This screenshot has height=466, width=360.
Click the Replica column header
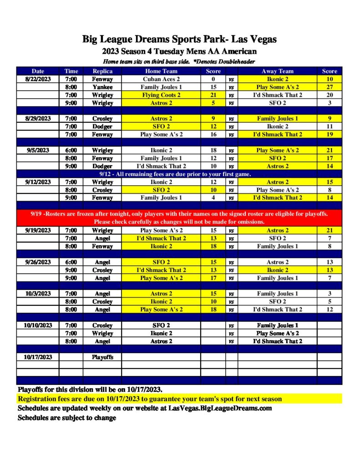tap(102, 71)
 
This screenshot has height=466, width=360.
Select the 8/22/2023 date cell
tap(38, 79)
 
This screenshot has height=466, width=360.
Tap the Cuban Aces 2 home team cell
tap(161, 79)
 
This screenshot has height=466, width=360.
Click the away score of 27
tap(330, 87)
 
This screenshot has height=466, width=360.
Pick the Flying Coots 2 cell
tap(161, 95)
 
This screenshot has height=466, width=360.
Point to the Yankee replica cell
tap(102, 87)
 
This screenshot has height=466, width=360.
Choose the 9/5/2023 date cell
tap(38, 150)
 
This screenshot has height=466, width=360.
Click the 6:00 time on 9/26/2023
tap(71, 262)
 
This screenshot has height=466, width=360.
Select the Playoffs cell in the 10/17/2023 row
tap(102, 357)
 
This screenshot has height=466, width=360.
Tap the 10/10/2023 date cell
tap(38, 325)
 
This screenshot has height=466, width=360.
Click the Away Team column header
tap(277, 71)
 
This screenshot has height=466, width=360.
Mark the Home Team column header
tap(161, 71)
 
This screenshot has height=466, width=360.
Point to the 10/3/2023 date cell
tap(38, 294)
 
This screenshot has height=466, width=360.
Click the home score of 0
tap(213, 79)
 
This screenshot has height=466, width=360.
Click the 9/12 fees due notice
tap(176, 174)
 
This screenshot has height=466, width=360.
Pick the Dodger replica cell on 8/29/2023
tap(102, 127)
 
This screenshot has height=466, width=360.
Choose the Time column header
tap(71, 71)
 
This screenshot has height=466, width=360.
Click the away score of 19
tap(330, 134)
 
